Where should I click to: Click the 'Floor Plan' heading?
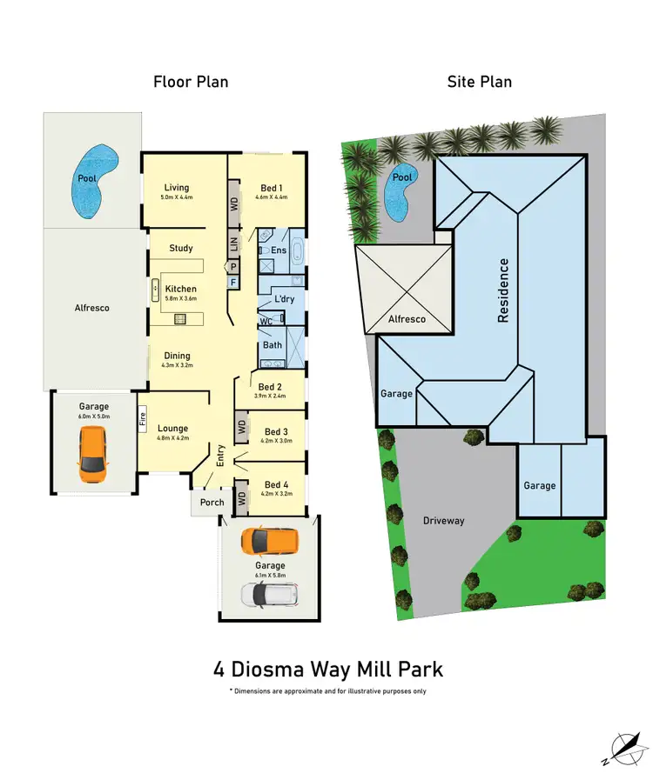point(191,83)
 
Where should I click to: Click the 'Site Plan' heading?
point(480,83)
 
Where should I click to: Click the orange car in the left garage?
point(93,456)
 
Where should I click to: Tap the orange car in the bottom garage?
point(269,541)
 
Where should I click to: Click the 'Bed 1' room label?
point(271,188)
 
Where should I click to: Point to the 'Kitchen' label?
point(181,289)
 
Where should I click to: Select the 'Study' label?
point(181,249)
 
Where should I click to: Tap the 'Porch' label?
point(212,502)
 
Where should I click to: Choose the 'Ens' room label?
point(279,250)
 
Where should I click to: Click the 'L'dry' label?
point(285,299)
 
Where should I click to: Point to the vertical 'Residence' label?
point(503,290)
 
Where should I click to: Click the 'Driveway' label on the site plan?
point(444,521)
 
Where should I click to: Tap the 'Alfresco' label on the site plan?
point(407,319)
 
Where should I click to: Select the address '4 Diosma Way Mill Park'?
point(328,670)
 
